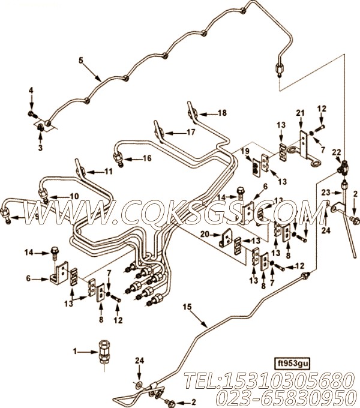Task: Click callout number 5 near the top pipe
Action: (81, 61)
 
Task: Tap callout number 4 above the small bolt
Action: (31, 91)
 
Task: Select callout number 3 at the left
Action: (40, 148)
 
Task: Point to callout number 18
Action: (223, 113)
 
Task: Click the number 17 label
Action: (191, 132)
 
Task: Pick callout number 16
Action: (147, 158)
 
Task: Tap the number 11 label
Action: (108, 172)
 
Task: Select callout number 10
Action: (74, 196)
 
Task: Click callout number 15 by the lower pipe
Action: (187, 307)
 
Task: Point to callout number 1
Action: (75, 352)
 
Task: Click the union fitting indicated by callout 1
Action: (104, 351)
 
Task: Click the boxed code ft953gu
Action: (292, 363)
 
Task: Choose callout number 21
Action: (300, 113)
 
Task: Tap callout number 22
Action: (337, 152)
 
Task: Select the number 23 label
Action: (326, 193)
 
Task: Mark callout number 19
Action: (245, 151)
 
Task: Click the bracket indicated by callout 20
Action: (226, 238)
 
